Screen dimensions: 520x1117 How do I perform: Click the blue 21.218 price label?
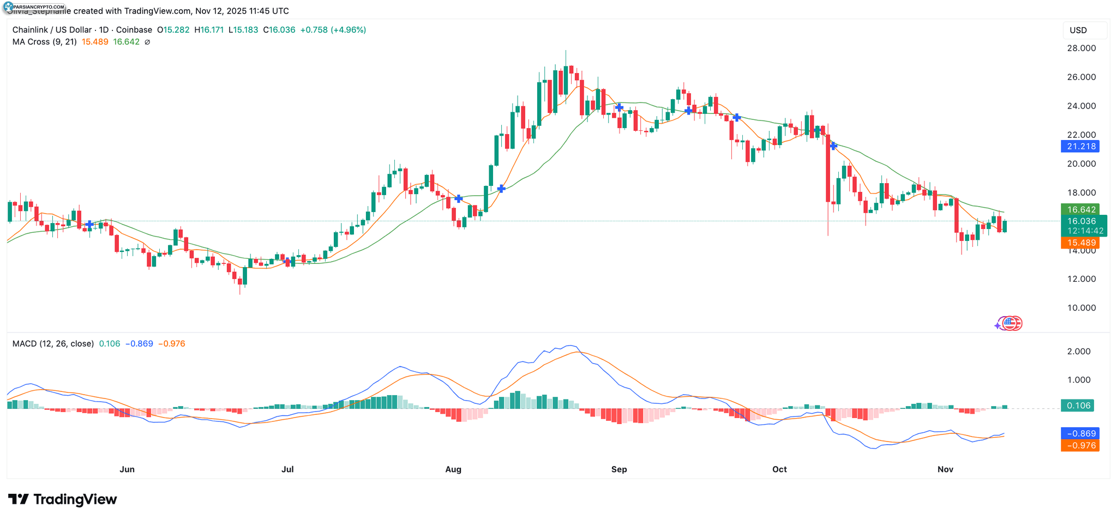point(1080,146)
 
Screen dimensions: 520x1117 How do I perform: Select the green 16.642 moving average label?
point(1080,209)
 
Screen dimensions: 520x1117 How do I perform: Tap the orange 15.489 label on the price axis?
point(1080,243)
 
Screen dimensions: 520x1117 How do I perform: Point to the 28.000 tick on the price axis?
point(1081,48)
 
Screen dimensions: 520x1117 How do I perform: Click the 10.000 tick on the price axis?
point(1081,307)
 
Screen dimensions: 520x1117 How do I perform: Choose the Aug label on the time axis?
point(453,469)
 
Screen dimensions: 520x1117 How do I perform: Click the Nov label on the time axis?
point(945,469)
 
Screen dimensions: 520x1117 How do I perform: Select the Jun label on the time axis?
point(127,469)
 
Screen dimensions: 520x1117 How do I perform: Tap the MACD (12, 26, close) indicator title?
point(53,343)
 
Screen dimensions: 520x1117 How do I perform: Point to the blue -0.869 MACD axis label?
point(1080,434)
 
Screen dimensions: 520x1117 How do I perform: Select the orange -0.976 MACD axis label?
point(1080,445)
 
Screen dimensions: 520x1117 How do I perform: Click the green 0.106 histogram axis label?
point(1078,406)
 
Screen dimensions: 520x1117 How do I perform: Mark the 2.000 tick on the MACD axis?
point(1079,352)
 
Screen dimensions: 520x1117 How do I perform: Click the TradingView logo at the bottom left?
point(63,499)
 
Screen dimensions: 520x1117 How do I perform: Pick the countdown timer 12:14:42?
point(1085,231)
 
